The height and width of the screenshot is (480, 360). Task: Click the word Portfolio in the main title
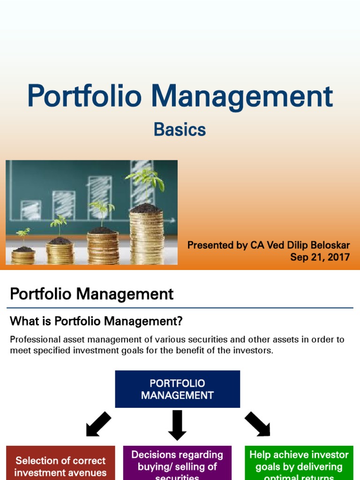point(84,97)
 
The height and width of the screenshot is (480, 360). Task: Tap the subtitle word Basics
point(180,130)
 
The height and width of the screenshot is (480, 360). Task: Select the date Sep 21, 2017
point(320,257)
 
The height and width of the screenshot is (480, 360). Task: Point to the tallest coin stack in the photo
point(146,237)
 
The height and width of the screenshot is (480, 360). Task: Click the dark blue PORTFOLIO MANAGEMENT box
point(177,389)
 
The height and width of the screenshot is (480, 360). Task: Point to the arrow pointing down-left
point(98,424)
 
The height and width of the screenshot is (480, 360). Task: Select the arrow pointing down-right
point(257,424)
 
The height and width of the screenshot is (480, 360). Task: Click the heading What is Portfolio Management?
point(96,321)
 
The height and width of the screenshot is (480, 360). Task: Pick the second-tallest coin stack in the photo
point(103,246)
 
